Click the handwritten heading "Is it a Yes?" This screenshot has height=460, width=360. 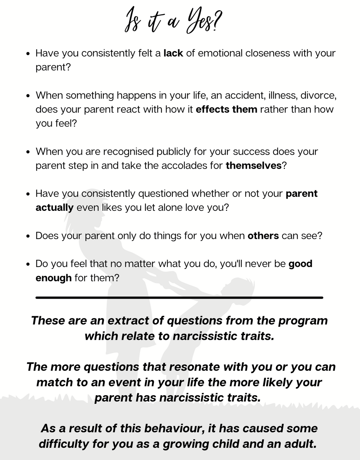(x=173, y=21)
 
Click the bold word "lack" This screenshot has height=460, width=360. (x=173, y=53)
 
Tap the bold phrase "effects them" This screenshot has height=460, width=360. (x=226, y=109)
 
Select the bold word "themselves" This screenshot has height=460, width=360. (x=254, y=165)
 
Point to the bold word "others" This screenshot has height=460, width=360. (x=263, y=236)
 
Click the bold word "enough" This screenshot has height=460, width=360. (x=53, y=278)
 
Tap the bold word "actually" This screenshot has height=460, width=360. (x=54, y=208)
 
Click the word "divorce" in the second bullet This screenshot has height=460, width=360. (x=317, y=95)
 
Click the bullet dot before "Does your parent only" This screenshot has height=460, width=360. (x=28, y=236)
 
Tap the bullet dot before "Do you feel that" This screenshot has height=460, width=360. (x=28, y=264)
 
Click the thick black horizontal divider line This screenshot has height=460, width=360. (x=179, y=297)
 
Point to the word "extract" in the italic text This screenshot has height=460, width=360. (x=129, y=320)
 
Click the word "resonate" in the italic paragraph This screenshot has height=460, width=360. (x=194, y=367)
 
